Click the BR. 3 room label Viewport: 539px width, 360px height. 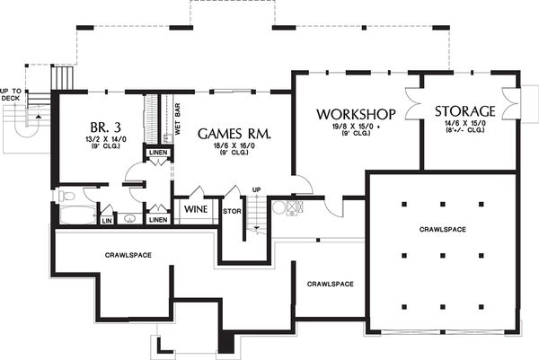100,125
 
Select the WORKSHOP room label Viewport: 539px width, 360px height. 356,114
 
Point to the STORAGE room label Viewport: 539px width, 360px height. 464,111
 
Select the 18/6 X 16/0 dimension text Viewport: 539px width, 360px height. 234,146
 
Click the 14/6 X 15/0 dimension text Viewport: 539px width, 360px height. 464,125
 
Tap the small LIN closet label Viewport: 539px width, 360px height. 106,219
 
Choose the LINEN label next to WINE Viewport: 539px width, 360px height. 157,219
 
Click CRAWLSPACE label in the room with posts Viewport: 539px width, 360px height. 442,230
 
